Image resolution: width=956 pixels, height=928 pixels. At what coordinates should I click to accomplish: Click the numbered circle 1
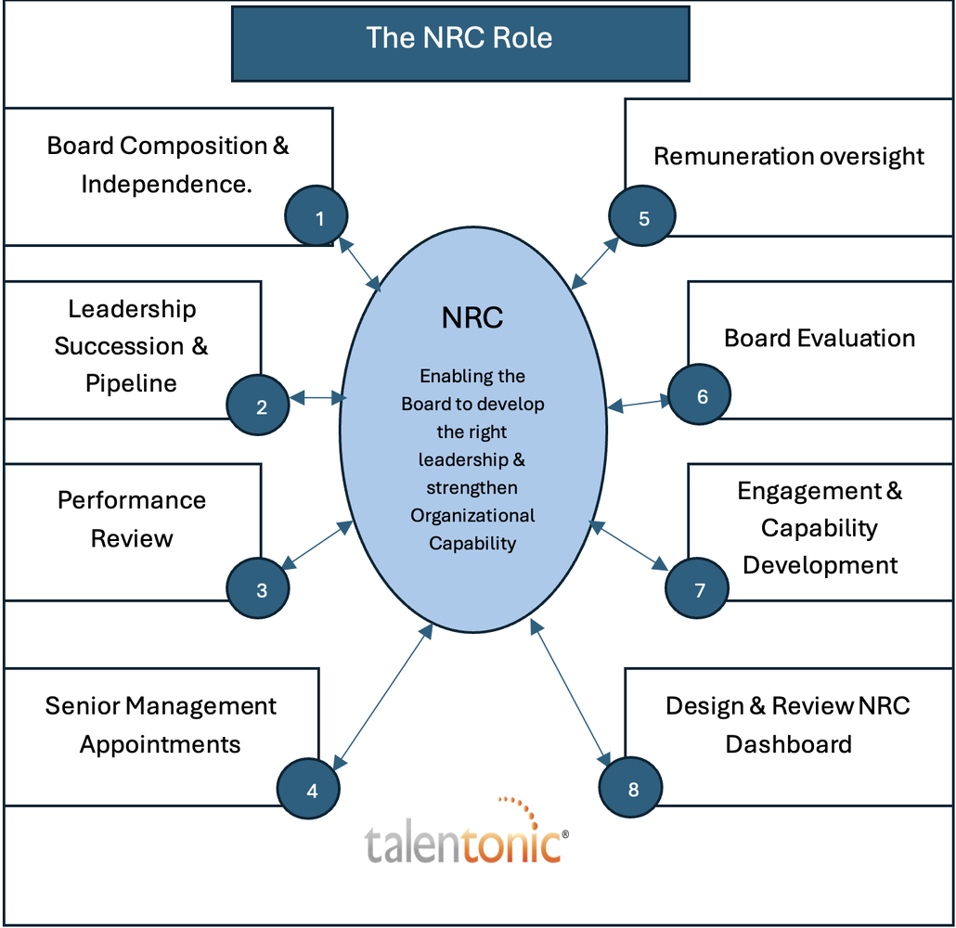(x=316, y=215)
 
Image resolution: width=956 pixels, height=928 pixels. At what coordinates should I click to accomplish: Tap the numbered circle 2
(x=258, y=405)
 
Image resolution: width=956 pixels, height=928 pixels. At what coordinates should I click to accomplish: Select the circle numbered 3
(x=258, y=587)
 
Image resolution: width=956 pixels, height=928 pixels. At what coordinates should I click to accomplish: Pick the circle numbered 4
(x=308, y=789)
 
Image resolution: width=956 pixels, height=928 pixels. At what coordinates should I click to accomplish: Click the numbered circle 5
(x=642, y=215)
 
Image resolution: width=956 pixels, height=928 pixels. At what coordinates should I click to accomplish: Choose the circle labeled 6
(x=699, y=394)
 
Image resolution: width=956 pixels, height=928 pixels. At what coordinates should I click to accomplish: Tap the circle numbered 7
(x=697, y=587)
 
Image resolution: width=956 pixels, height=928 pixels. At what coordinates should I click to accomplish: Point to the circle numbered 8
(x=630, y=787)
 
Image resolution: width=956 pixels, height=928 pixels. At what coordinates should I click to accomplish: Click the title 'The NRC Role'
(x=459, y=38)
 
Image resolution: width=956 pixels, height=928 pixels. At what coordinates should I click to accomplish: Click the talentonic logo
(x=467, y=831)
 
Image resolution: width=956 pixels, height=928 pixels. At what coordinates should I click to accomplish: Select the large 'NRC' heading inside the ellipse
(x=472, y=317)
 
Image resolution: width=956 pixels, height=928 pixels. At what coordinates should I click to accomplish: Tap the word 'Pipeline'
(x=131, y=383)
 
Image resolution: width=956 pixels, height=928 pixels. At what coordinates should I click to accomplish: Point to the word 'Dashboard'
(x=788, y=744)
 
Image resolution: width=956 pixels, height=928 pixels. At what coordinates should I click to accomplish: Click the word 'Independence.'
(x=166, y=184)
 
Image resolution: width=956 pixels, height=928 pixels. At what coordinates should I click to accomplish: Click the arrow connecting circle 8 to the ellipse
(x=570, y=692)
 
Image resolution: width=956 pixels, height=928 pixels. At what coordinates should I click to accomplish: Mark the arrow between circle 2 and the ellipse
(x=317, y=398)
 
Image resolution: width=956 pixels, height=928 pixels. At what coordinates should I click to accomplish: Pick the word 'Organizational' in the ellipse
(x=472, y=516)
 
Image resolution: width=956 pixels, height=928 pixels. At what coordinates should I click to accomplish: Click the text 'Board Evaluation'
(x=820, y=339)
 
